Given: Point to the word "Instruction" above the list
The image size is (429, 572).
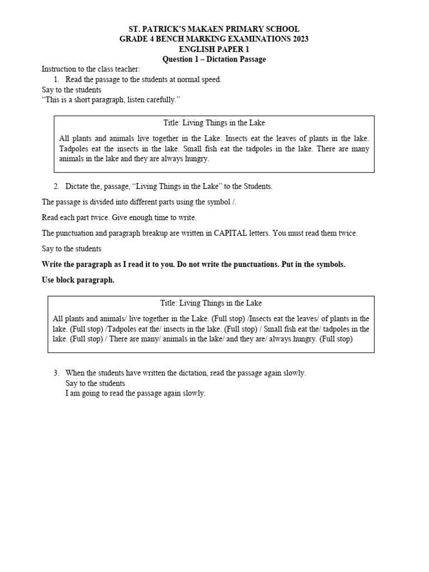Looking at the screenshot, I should click(58, 69).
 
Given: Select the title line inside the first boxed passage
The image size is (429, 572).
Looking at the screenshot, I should click(214, 122).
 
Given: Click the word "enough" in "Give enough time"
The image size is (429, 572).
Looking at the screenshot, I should click(142, 217).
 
